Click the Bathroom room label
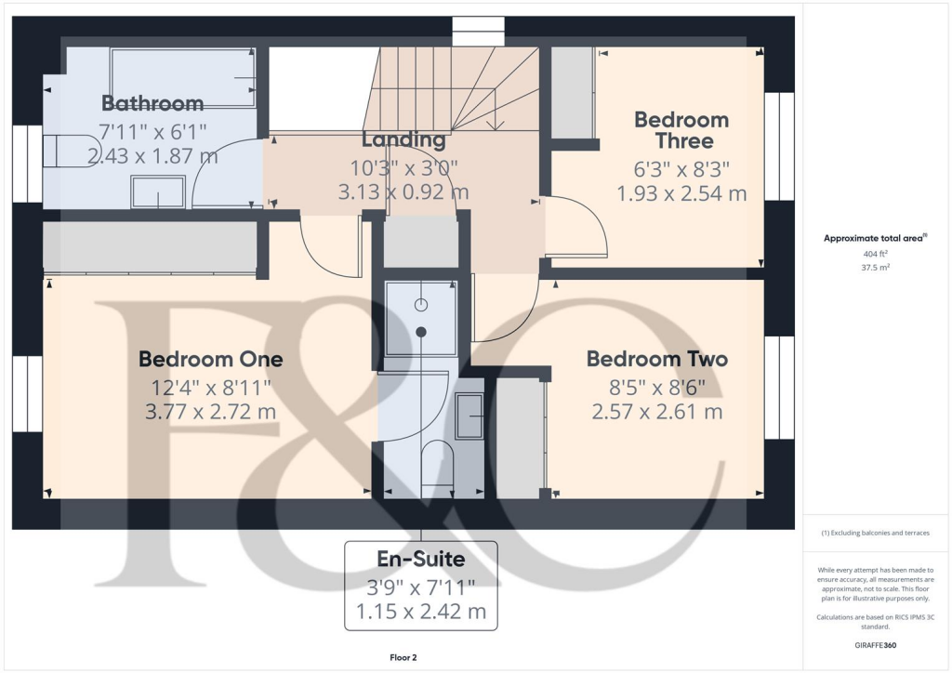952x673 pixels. pos(152,103)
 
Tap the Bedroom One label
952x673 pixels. pos(210,359)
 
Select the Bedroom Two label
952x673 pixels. pos(656,359)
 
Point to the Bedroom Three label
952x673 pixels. pos(681,130)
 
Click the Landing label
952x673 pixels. pos(403,140)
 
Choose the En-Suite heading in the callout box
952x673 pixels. pos(420,559)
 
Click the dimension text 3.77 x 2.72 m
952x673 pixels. pos(210,410)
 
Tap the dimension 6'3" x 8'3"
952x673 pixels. pos(681,169)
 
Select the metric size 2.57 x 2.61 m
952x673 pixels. pos(656,410)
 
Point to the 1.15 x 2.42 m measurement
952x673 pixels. pos(420,612)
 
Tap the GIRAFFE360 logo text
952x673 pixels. pos(877,644)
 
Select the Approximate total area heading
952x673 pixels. pos(873,238)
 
